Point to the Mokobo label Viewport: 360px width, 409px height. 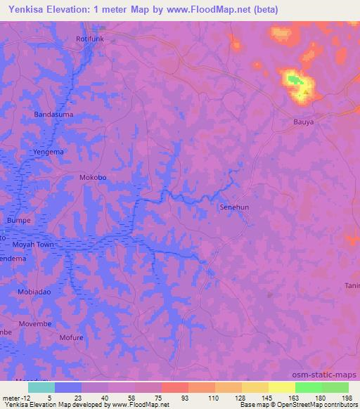click(x=93, y=178)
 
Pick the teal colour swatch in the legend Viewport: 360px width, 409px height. click(x=41, y=387)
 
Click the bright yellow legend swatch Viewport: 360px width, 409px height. click(x=281, y=387)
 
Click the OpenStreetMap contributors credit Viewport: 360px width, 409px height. click(x=314, y=405)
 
